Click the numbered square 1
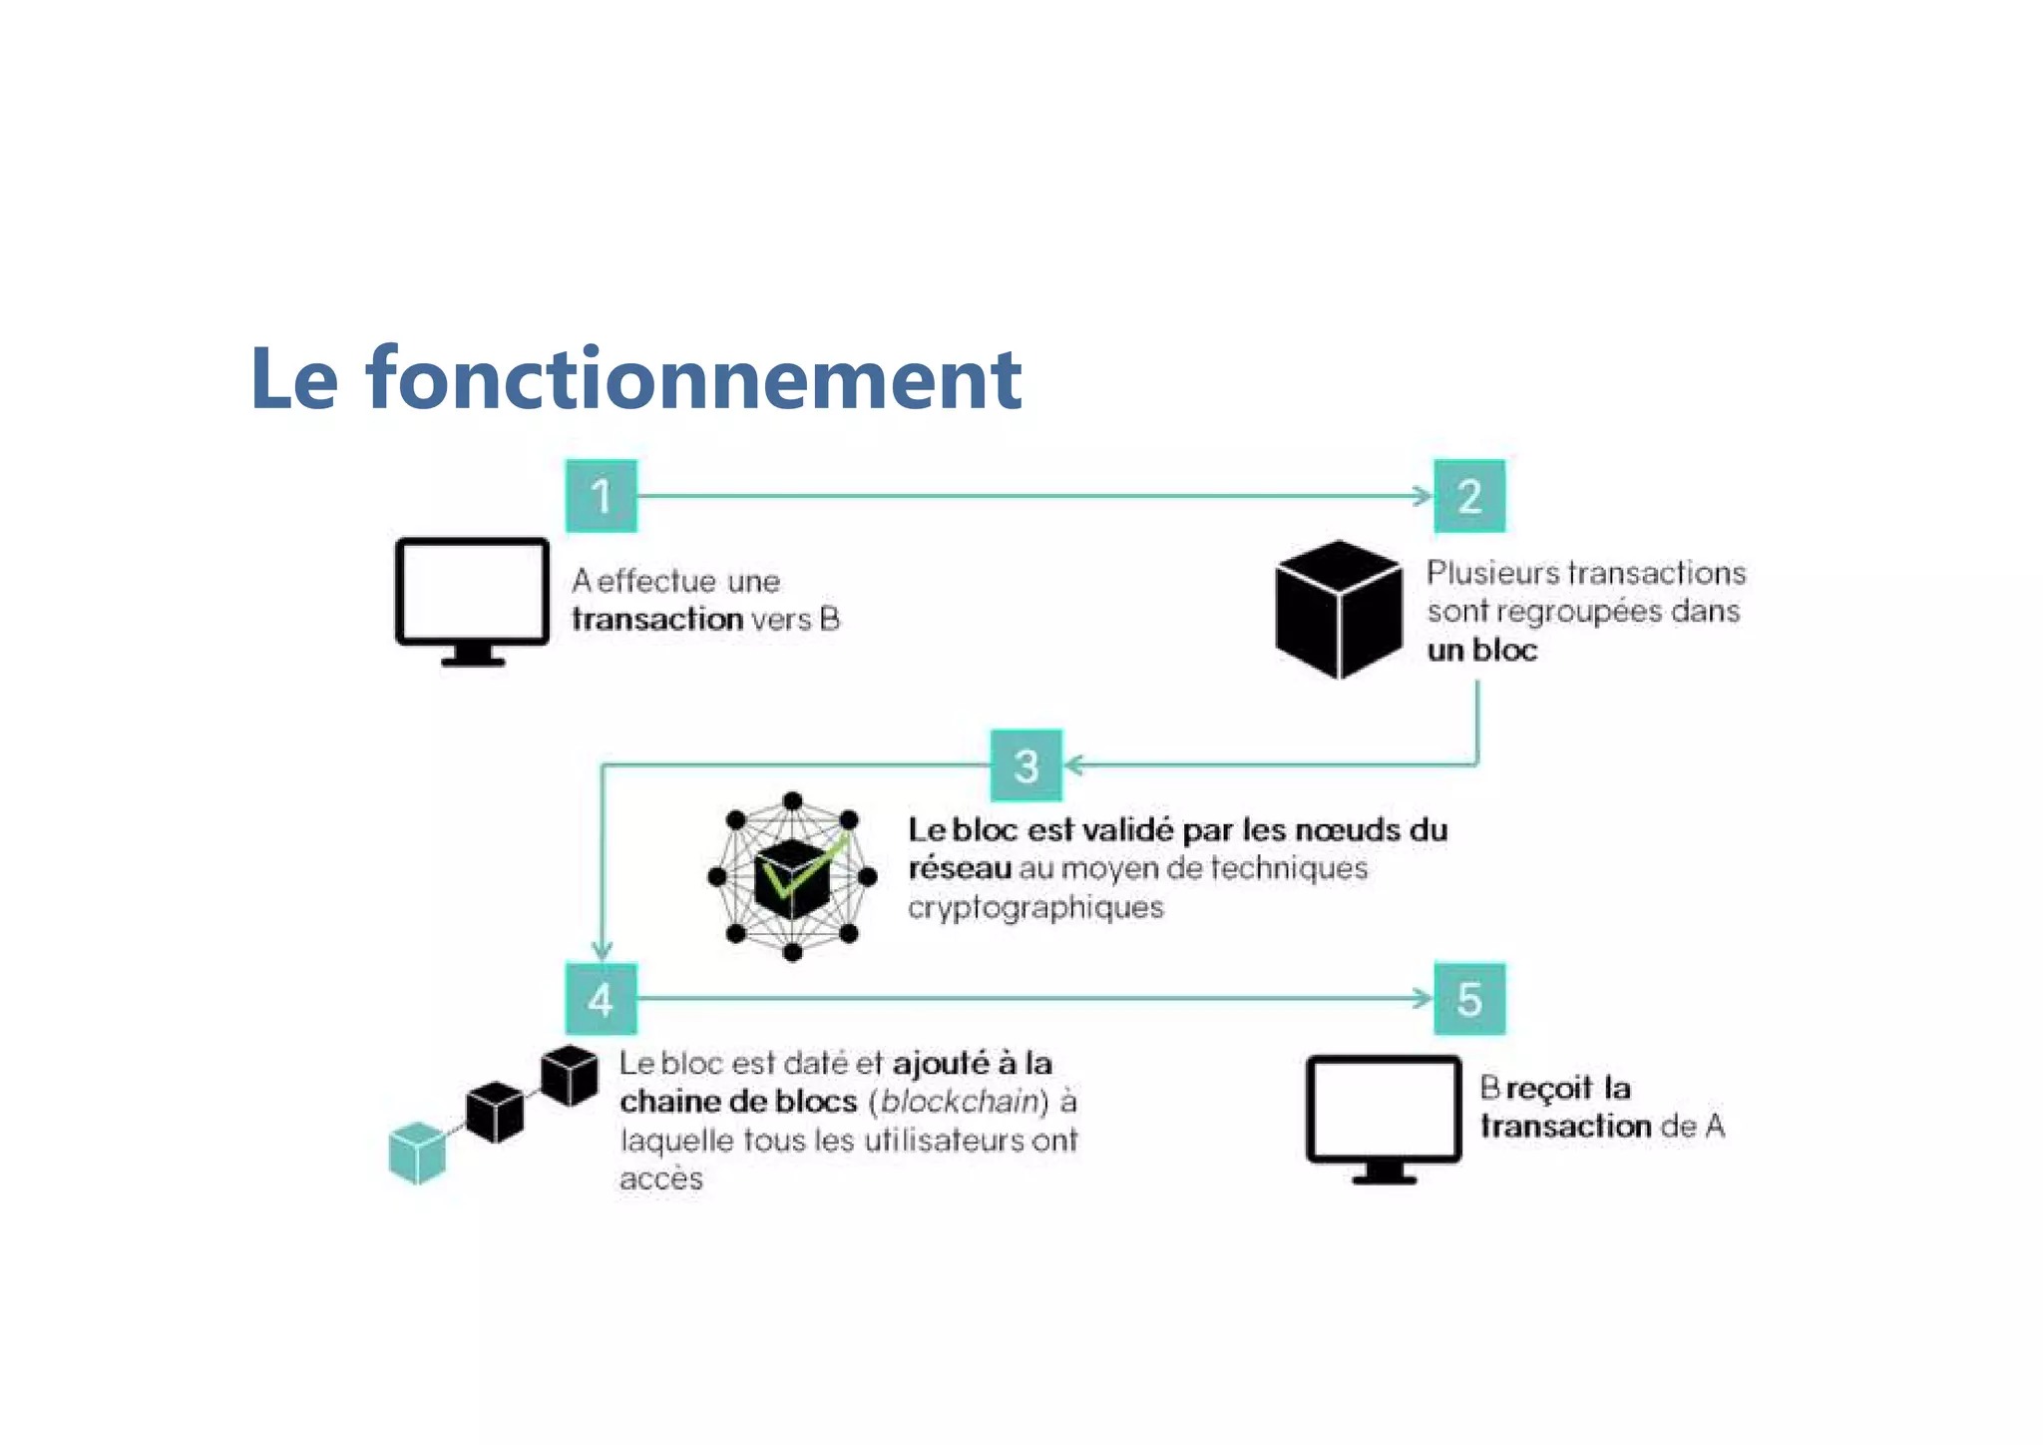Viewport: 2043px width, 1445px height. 601,496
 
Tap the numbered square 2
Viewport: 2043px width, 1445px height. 1468,496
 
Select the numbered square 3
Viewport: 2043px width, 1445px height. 1025,765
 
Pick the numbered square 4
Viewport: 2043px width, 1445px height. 601,999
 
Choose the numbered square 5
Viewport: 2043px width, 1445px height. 1468,999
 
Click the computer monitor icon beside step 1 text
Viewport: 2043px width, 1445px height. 472,599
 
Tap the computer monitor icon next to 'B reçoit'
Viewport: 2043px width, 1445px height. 1384,1117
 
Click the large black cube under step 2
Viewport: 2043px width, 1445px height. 1338,609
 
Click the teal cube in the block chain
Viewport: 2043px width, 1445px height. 417,1153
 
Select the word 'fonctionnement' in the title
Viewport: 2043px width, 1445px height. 694,379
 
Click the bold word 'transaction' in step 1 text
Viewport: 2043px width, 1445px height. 657,620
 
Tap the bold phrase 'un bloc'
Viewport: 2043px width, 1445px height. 1481,651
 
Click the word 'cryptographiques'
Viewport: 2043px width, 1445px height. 1035,908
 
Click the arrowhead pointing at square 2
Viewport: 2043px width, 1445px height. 1424,496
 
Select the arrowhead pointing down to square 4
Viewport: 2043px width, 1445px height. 602,949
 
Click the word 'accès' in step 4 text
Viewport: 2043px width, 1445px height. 660,1180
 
